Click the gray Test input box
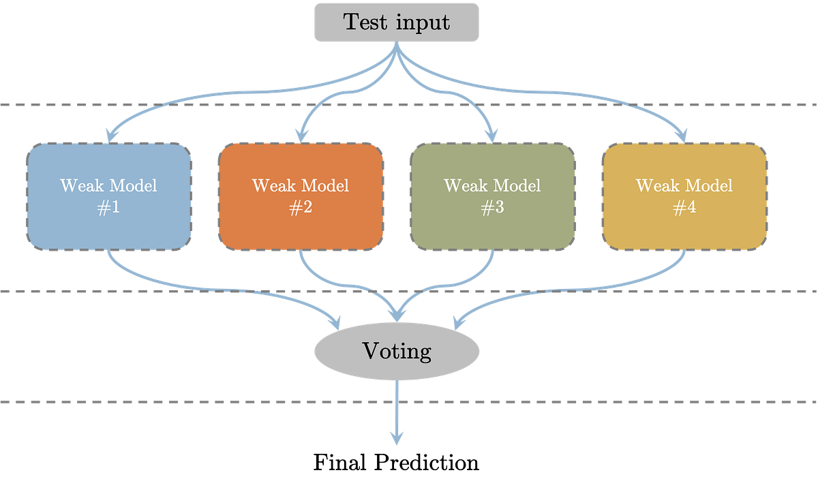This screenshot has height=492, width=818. coord(397,22)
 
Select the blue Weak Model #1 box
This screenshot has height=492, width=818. coord(109,196)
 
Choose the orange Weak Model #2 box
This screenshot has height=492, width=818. coord(301,196)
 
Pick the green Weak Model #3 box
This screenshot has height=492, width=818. coord(492,196)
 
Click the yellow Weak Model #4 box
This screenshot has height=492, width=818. coord(684,196)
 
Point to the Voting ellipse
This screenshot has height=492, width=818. coord(397,352)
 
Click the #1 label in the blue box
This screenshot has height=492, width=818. coord(109,208)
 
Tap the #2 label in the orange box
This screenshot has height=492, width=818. coord(301,208)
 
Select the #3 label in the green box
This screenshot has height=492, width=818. coord(492,208)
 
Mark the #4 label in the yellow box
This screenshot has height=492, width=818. coord(684,208)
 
